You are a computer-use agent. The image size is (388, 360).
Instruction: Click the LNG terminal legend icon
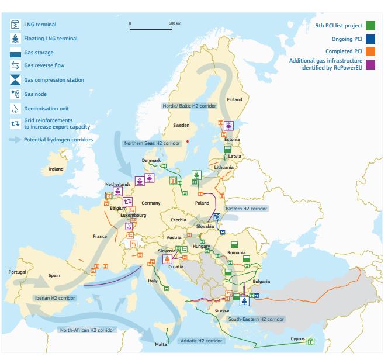pos(15,25)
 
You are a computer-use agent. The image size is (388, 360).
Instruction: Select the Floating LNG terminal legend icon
pos(15,39)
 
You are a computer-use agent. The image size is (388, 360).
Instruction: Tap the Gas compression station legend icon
pos(15,80)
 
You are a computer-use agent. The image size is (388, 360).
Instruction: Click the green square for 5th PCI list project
pos(370,26)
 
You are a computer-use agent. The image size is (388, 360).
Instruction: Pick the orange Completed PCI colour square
pos(370,51)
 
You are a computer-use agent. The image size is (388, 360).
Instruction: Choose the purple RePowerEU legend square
pos(370,64)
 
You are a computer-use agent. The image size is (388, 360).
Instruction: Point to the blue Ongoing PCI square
pos(370,39)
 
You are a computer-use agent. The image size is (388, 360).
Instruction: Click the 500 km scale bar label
pos(175,23)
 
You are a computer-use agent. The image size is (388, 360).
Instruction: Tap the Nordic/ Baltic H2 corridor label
pos(189,106)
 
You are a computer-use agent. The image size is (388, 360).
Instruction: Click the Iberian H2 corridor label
pos(53,297)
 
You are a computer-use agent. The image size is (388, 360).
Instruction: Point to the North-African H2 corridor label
pos(87,330)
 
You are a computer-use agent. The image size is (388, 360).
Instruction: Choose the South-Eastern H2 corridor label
pos(256,319)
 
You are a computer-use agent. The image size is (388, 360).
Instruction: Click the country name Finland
pos(234,99)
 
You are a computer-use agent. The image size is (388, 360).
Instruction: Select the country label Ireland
pos(56,169)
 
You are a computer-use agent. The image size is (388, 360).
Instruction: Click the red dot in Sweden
pos(187,141)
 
